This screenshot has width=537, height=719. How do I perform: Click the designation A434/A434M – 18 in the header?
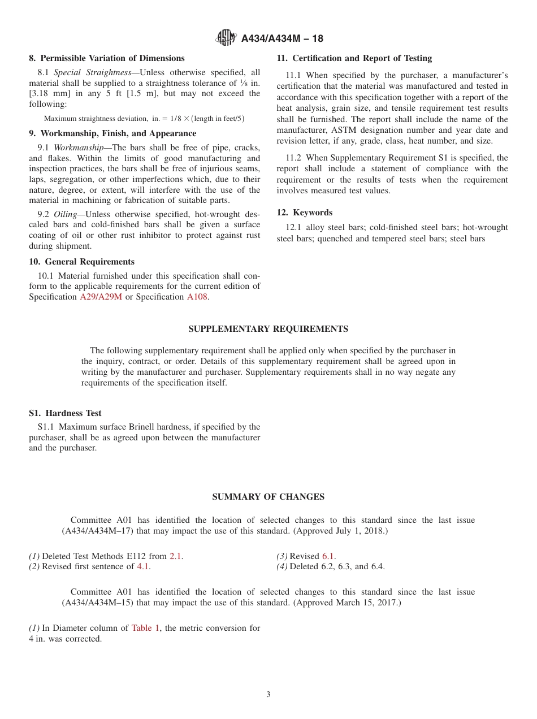point(282,39)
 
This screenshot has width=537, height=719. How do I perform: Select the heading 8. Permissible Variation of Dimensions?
point(107,58)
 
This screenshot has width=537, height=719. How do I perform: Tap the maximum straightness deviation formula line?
point(144,119)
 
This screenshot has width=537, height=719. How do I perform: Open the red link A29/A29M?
point(101,297)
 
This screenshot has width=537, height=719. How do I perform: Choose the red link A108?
point(197,297)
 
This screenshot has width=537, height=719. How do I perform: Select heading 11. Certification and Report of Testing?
point(354,58)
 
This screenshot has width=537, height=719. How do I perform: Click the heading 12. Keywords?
point(305,213)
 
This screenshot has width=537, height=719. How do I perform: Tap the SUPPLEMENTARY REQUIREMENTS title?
point(268,329)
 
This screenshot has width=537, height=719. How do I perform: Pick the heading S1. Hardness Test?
point(65,413)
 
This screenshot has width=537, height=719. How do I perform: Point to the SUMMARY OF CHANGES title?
point(268,497)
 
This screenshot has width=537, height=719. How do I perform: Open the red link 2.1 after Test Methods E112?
point(175,556)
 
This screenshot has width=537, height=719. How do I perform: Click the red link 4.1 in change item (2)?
point(143,566)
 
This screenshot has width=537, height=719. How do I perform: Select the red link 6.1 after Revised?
point(328,556)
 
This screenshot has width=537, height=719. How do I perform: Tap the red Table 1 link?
point(145,628)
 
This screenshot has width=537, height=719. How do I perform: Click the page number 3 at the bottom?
point(268,695)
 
